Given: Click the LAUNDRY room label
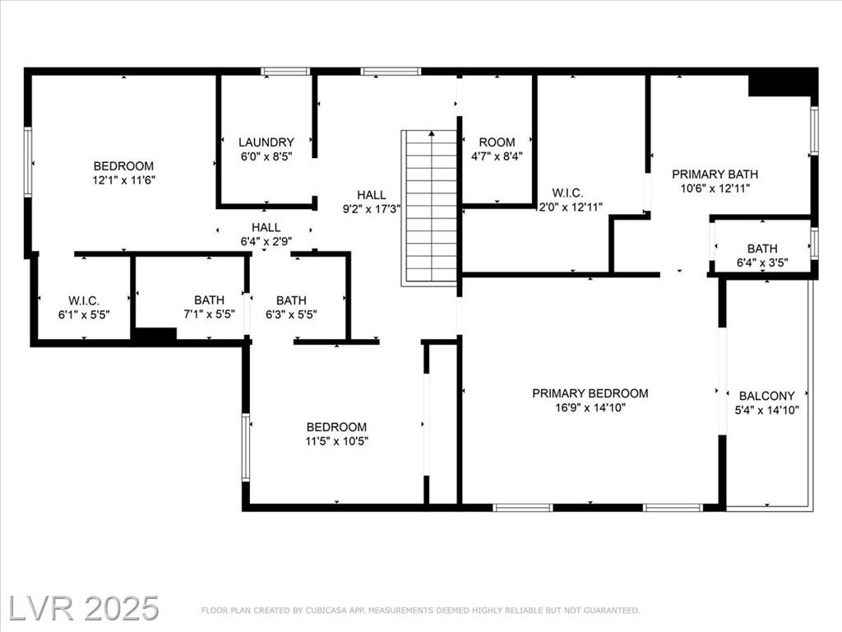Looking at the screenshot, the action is point(266,142).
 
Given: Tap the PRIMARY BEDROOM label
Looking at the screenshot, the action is point(590,393).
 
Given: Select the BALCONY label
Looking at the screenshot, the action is point(767,396).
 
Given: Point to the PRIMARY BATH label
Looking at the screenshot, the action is point(715,174).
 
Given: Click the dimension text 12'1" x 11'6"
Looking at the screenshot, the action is point(124,180).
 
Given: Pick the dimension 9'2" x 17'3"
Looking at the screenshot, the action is point(372,208).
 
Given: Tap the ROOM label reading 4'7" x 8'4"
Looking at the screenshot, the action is point(497,142).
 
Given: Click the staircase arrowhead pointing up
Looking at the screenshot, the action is point(432,133).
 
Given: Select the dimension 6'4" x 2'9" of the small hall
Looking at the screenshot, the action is point(266,241).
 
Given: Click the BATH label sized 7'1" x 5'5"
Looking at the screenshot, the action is point(210,300).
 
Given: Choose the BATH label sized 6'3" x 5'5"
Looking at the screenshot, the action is point(292,300).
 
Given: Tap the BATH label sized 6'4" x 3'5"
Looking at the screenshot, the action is point(762,249).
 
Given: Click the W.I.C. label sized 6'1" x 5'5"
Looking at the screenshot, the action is point(84,301).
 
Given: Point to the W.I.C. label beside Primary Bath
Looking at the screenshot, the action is point(567,193).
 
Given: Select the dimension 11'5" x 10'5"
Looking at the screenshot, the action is point(336,441).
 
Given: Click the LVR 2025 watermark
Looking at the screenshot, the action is point(84,608).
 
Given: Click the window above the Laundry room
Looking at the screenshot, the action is point(285,71).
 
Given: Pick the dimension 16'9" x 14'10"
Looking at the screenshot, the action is point(590,407).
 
